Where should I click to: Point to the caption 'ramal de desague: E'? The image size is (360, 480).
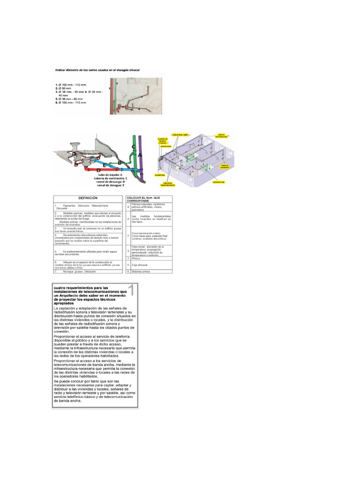coord(111,186)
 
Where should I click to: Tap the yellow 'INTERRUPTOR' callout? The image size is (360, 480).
coord(218,181)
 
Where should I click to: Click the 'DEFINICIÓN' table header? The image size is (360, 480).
coord(88,198)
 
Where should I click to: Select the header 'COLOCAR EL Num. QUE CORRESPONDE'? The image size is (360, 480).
coord(148,198)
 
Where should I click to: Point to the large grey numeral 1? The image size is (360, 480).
coord(131,291)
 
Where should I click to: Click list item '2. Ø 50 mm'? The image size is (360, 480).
coord(64,88)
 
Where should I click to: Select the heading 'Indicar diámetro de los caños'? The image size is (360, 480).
coord(98,70)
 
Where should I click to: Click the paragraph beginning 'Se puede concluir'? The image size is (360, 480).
coord(94,391)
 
